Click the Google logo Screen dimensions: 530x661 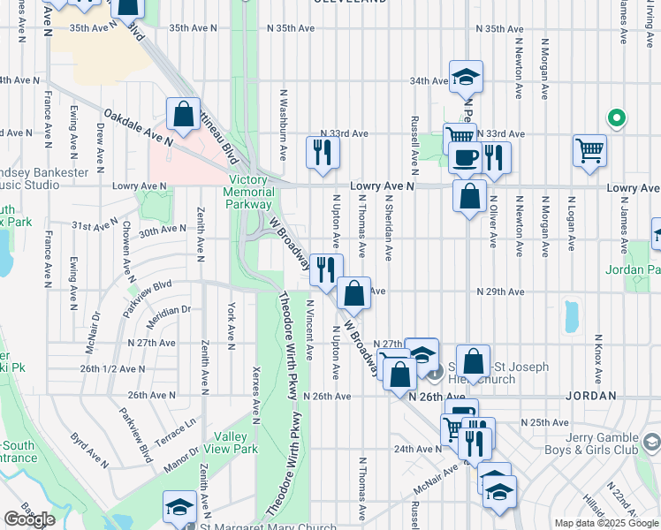tap(29, 519)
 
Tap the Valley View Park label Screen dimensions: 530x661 tap(236, 443)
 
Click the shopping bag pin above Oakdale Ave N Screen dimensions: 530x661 tap(182, 115)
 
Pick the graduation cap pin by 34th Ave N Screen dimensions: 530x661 tap(466, 77)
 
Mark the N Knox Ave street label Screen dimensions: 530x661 tap(598, 351)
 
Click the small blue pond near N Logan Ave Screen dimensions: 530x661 tap(571, 313)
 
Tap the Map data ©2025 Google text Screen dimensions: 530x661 tap(605, 523)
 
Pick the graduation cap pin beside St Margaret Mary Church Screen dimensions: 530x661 tap(179, 507)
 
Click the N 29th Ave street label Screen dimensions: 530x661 tap(495, 291)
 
